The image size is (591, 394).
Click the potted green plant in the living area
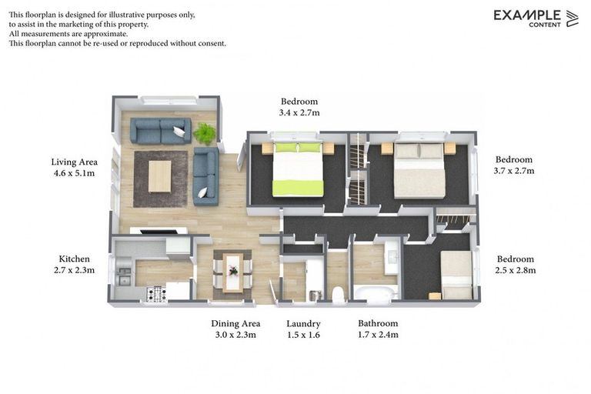click(x=205, y=133)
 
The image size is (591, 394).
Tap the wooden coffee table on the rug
click(x=160, y=176)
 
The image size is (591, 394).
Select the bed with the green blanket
click(x=298, y=169)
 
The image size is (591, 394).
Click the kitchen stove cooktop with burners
click(x=156, y=292)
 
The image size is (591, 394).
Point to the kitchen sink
click(x=124, y=275)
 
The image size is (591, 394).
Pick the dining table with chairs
click(x=232, y=272)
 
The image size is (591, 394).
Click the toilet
click(x=337, y=293)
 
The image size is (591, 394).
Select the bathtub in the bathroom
click(x=376, y=292)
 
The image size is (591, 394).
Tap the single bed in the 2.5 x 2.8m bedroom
click(x=457, y=275)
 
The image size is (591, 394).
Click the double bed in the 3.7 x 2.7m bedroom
click(x=419, y=170)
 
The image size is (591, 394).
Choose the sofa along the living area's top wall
click(x=160, y=131)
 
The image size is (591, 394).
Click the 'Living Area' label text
click(x=74, y=162)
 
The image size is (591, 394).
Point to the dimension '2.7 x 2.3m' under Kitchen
click(x=75, y=270)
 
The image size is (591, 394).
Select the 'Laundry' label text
click(x=303, y=324)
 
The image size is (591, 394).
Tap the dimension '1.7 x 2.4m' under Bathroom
click(x=378, y=335)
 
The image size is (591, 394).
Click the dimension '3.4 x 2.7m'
click(x=299, y=112)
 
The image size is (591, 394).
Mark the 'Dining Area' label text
click(x=235, y=324)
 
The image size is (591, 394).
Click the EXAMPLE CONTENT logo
click(x=536, y=18)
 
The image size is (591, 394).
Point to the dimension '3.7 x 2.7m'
click(x=513, y=170)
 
